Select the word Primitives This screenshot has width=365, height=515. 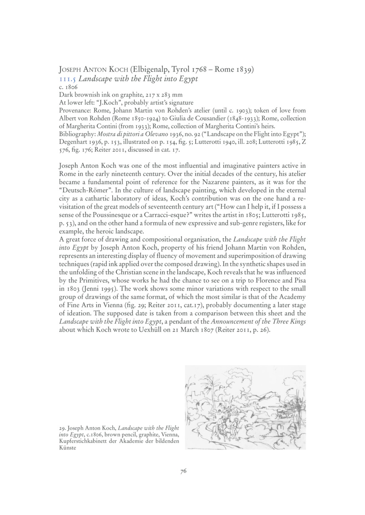pos(90,280)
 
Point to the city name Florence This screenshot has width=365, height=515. pos(270,280)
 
